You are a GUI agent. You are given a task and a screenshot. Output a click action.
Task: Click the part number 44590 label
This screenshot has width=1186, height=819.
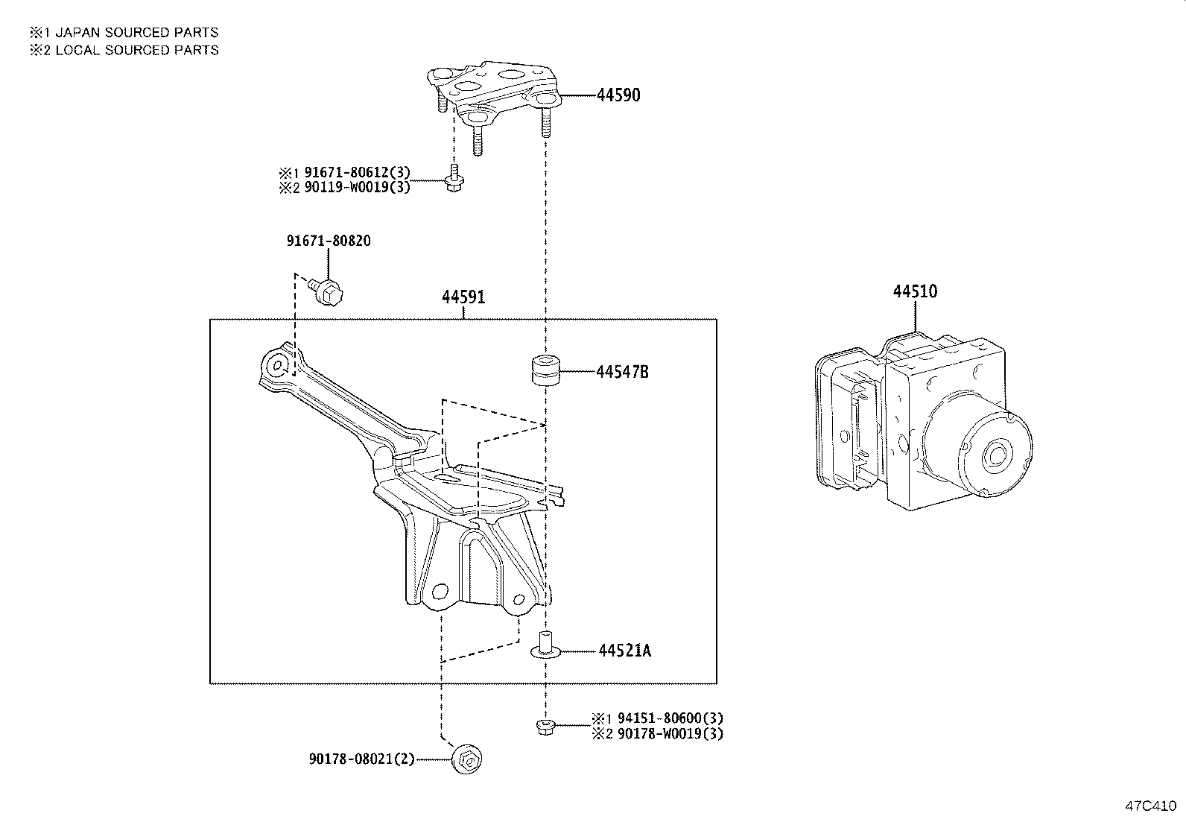(x=618, y=95)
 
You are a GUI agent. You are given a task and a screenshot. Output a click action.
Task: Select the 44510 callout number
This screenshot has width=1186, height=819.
(x=915, y=291)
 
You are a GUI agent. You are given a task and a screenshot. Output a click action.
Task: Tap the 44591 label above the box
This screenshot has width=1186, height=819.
(x=463, y=297)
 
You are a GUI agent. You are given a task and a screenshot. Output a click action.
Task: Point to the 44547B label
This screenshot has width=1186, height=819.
(x=622, y=372)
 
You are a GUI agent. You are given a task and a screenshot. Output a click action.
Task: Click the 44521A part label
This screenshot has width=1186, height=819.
(x=624, y=651)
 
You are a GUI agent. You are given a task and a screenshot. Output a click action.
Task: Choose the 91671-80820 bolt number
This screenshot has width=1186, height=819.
(x=329, y=241)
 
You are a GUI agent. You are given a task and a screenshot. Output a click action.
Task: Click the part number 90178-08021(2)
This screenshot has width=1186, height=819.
(x=361, y=759)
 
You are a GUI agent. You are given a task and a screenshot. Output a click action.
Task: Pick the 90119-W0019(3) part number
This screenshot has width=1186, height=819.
(x=357, y=187)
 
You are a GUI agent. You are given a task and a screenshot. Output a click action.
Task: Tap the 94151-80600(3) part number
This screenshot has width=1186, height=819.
(x=667, y=719)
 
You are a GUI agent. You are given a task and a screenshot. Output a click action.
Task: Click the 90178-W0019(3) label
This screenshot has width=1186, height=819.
(x=667, y=733)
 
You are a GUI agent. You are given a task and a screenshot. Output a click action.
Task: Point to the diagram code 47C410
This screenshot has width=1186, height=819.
(x=1149, y=806)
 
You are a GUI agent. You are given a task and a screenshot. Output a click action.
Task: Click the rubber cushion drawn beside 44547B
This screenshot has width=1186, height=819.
(x=546, y=371)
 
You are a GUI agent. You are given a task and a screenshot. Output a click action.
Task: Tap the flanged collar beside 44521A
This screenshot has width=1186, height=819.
(x=545, y=645)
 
